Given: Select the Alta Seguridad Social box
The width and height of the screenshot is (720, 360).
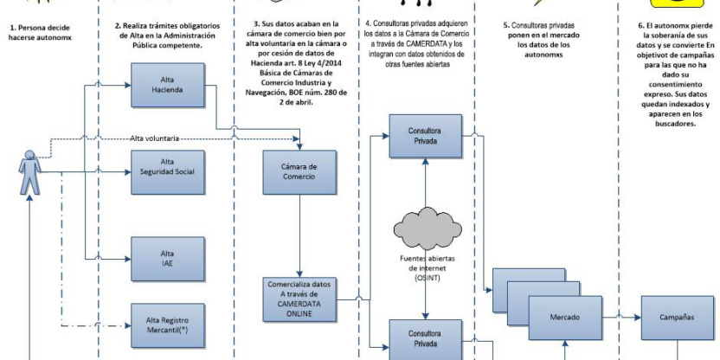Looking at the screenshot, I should click(166, 166).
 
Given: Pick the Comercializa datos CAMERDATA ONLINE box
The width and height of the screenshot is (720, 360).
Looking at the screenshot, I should click(296, 299).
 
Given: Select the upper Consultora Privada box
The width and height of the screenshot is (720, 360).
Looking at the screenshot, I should click(423, 136).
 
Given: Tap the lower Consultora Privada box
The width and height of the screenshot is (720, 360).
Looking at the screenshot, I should click(423, 337).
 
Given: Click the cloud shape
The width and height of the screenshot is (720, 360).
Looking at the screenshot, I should click(424, 224).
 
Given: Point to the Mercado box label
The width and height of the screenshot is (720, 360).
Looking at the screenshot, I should click(565, 318).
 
